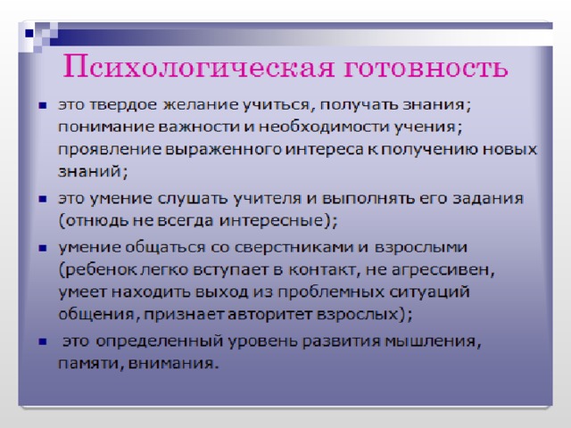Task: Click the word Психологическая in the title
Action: (x=198, y=68)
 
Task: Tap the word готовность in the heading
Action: (x=426, y=68)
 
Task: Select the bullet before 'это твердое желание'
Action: (x=43, y=105)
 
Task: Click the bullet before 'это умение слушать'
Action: (x=43, y=199)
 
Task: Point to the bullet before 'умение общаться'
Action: (x=43, y=248)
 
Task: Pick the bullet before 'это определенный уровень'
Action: (x=43, y=342)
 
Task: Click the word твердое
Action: (x=123, y=105)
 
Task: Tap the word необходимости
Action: (x=324, y=128)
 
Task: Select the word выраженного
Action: (x=223, y=150)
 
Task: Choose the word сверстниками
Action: (x=294, y=248)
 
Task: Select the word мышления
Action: (x=433, y=342)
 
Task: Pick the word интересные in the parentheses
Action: (x=271, y=221)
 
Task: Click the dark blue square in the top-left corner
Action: (x=29, y=34)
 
